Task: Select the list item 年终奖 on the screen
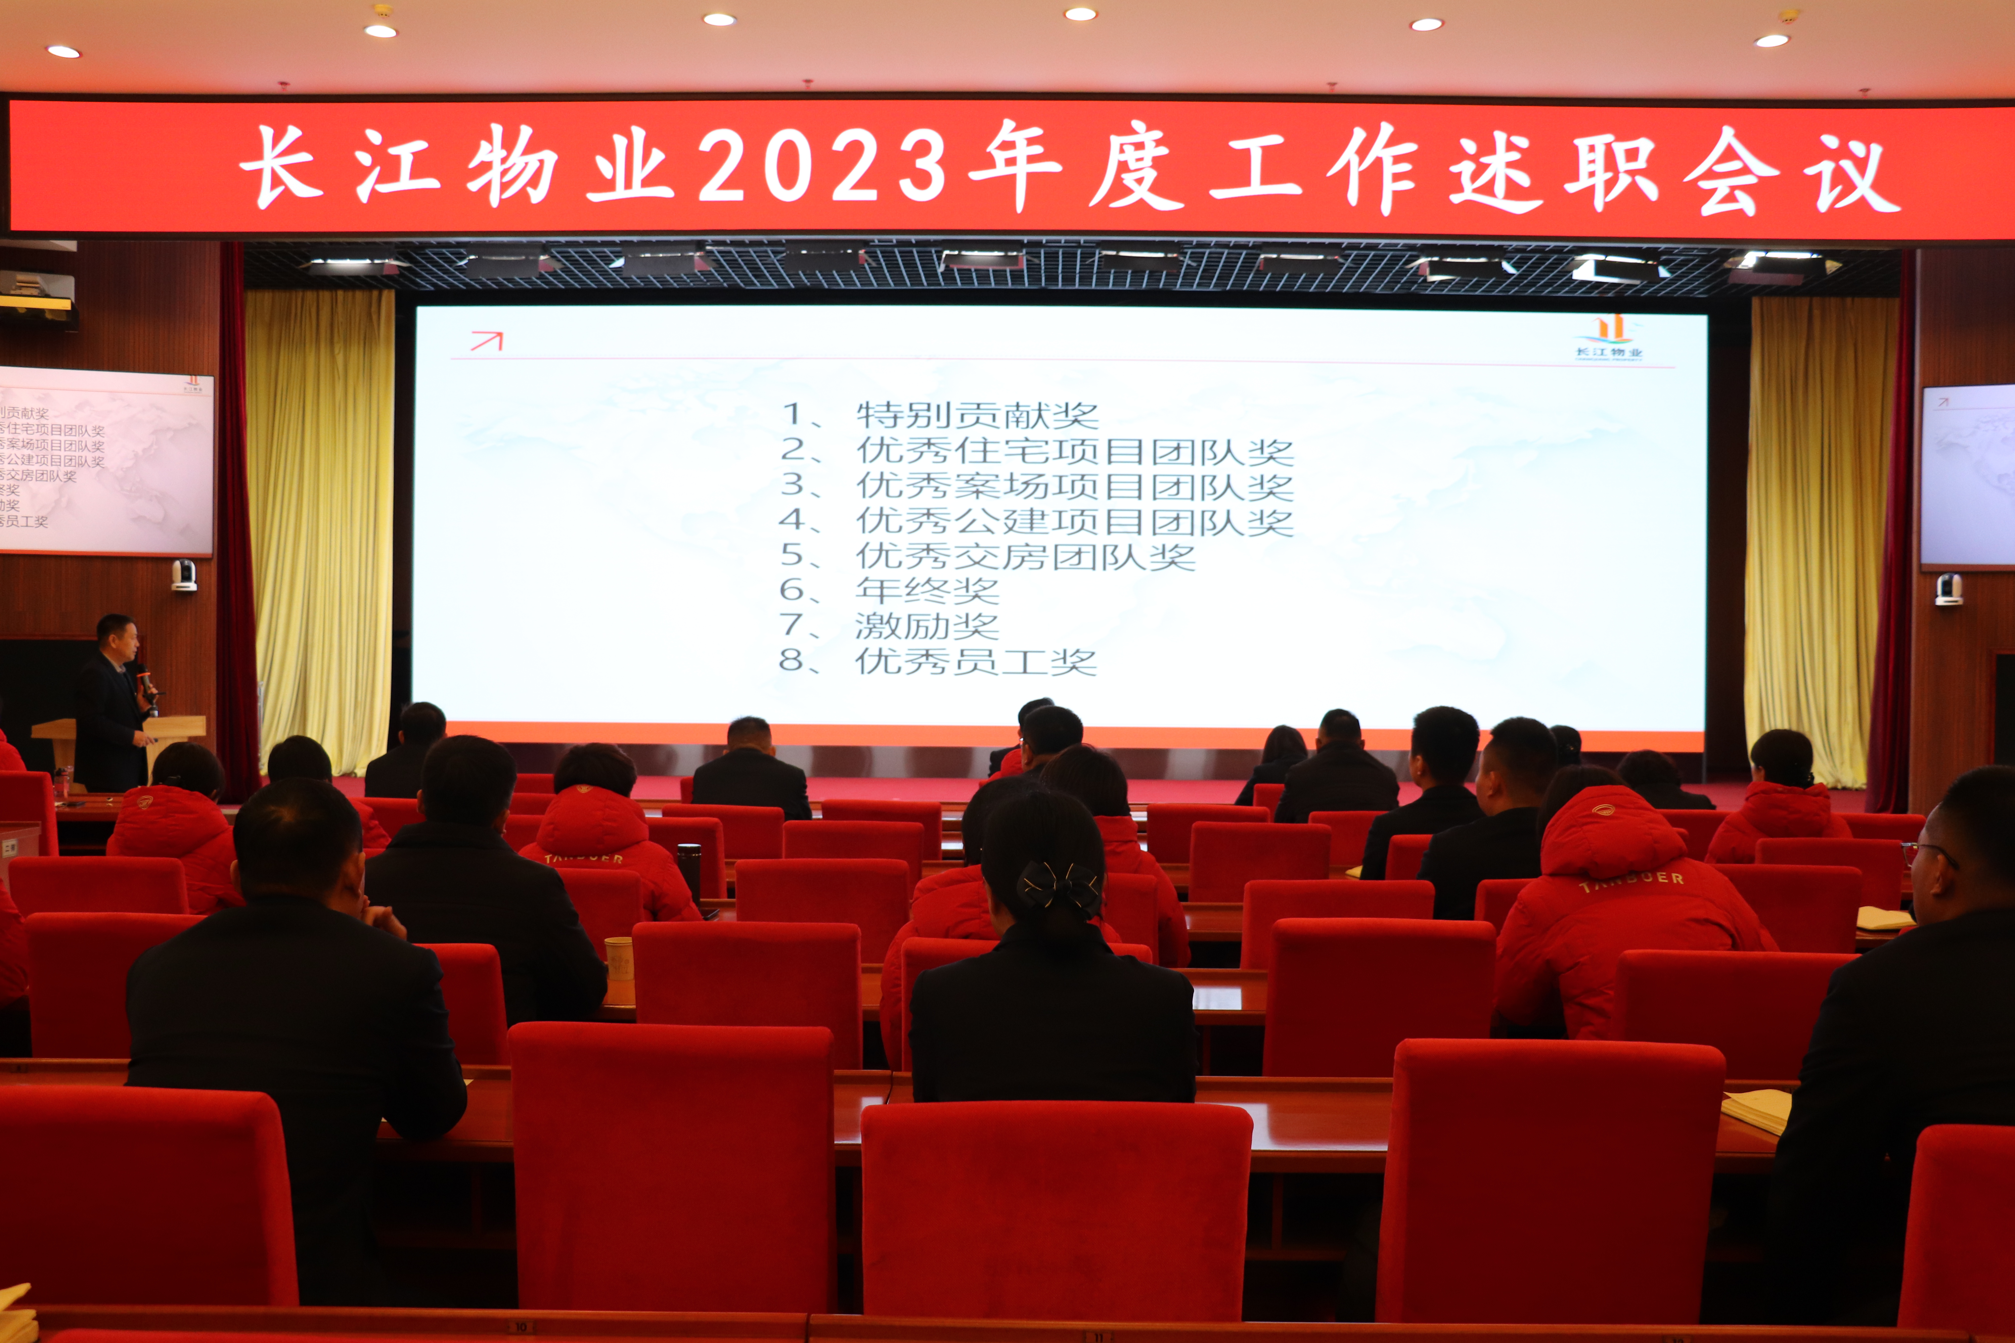pos(927,590)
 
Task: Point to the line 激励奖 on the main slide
pos(927,625)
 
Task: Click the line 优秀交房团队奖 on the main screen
pos(1025,556)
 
